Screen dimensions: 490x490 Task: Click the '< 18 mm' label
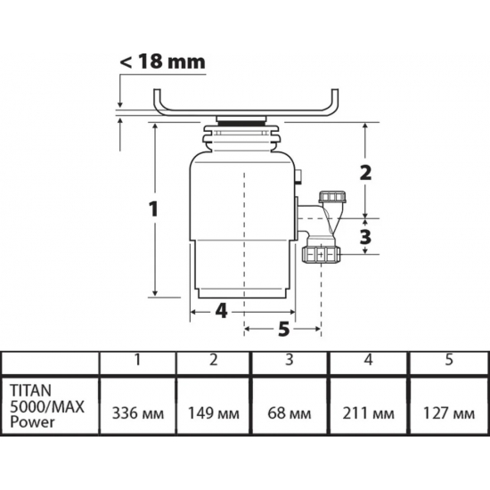point(163,61)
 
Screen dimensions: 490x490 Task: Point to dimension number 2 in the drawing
point(364,172)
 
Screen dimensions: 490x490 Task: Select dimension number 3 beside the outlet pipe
point(364,236)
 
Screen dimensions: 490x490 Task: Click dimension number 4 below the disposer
point(221,311)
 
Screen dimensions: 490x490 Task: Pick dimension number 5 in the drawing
point(283,330)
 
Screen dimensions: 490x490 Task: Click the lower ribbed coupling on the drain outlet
point(321,255)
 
